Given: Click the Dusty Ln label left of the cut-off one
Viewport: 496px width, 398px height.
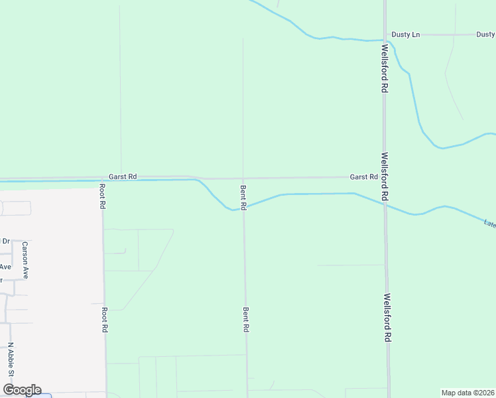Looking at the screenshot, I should click(x=406, y=34).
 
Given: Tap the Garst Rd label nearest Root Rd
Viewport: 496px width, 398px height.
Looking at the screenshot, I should click(x=123, y=176).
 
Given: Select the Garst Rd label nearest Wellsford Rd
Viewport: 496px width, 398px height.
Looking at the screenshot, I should click(x=363, y=177).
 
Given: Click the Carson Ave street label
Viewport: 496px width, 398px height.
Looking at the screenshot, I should click(x=25, y=260).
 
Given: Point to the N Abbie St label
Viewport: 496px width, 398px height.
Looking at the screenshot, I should click(x=11, y=360).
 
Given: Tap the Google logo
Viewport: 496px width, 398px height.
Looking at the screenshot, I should click(x=22, y=390).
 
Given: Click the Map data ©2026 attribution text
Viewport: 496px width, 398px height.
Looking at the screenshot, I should click(x=467, y=393).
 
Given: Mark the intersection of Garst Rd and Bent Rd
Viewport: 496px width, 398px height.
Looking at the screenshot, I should click(x=243, y=178).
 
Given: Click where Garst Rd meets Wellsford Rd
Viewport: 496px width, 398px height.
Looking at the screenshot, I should click(x=385, y=177).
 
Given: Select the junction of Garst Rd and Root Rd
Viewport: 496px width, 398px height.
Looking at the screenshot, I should click(x=103, y=178).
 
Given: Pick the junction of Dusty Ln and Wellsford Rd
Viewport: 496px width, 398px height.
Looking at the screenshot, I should click(x=385, y=34).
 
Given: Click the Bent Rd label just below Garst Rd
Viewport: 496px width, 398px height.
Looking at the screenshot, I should click(x=243, y=198).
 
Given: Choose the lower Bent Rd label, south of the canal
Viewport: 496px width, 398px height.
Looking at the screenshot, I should click(x=245, y=320).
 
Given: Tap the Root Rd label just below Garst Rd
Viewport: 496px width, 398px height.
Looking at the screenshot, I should click(x=103, y=196).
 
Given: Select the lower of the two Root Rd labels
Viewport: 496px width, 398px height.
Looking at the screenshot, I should click(x=104, y=319).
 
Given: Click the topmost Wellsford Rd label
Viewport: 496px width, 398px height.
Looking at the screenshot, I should click(x=384, y=67).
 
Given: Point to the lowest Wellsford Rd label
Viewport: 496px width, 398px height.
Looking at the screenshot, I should click(x=387, y=318).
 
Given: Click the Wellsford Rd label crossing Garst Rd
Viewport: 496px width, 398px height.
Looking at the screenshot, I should click(x=385, y=177).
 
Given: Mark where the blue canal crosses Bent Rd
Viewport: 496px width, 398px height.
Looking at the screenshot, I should click(x=243, y=207).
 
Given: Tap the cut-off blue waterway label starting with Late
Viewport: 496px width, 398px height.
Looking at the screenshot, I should click(x=489, y=224).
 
